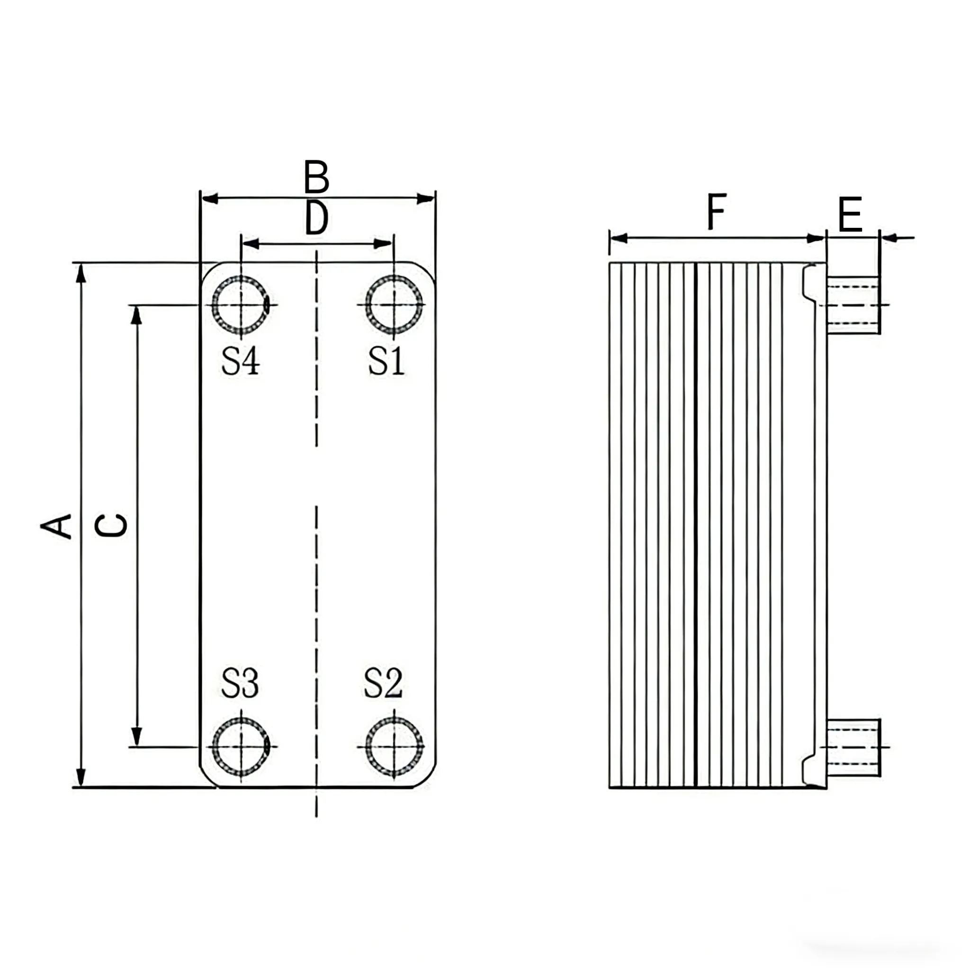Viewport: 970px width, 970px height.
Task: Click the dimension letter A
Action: coord(56,526)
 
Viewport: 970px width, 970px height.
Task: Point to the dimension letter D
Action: coord(317,218)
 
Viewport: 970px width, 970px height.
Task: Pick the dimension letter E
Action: coord(850,215)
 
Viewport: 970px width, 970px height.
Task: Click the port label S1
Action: coord(386,361)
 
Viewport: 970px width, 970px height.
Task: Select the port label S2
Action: coord(383,683)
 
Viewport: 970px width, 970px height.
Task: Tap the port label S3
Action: coord(240,683)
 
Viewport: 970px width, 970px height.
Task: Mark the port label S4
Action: coord(241,361)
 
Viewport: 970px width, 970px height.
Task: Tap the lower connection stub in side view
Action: coord(853,747)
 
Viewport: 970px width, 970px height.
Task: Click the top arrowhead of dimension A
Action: coord(81,273)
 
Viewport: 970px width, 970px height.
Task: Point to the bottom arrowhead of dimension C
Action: coord(136,736)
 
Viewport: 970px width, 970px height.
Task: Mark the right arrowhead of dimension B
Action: coord(426,198)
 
